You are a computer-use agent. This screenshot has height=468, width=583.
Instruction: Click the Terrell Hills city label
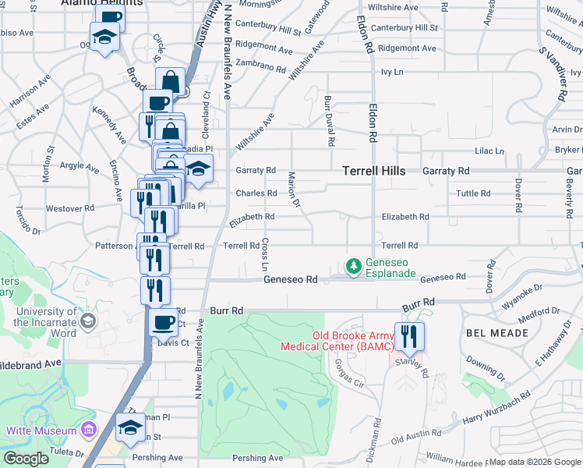[x=374, y=170]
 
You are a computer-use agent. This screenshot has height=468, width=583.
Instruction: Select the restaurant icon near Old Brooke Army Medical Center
[x=409, y=336]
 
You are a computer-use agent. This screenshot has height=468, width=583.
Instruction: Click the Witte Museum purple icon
[x=88, y=431]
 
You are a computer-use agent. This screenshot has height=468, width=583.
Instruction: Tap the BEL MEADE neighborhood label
[x=498, y=333]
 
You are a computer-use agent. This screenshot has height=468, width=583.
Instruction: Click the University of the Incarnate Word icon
[x=88, y=321]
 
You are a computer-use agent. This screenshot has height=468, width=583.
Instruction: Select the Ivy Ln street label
[x=392, y=72]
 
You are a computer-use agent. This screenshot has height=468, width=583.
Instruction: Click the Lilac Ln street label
[x=489, y=151]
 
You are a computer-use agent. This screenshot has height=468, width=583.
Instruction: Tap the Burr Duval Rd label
[x=329, y=122]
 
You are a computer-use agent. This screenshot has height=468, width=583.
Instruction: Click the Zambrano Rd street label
[x=260, y=67]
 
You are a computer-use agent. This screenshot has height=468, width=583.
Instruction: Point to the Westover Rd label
[x=70, y=208]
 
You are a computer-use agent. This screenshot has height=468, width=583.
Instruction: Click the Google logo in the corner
[x=26, y=458]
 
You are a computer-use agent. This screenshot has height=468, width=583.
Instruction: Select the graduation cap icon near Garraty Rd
[x=199, y=169]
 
